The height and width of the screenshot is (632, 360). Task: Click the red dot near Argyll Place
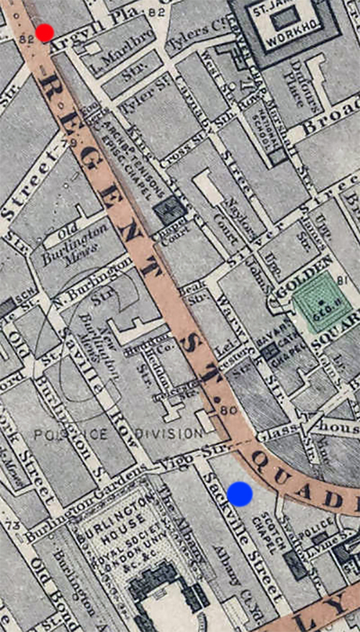pyautogui.click(x=45, y=32)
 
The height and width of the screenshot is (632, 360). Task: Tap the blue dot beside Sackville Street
pyautogui.click(x=240, y=494)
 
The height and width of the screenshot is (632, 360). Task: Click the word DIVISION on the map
pyautogui.click(x=166, y=433)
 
